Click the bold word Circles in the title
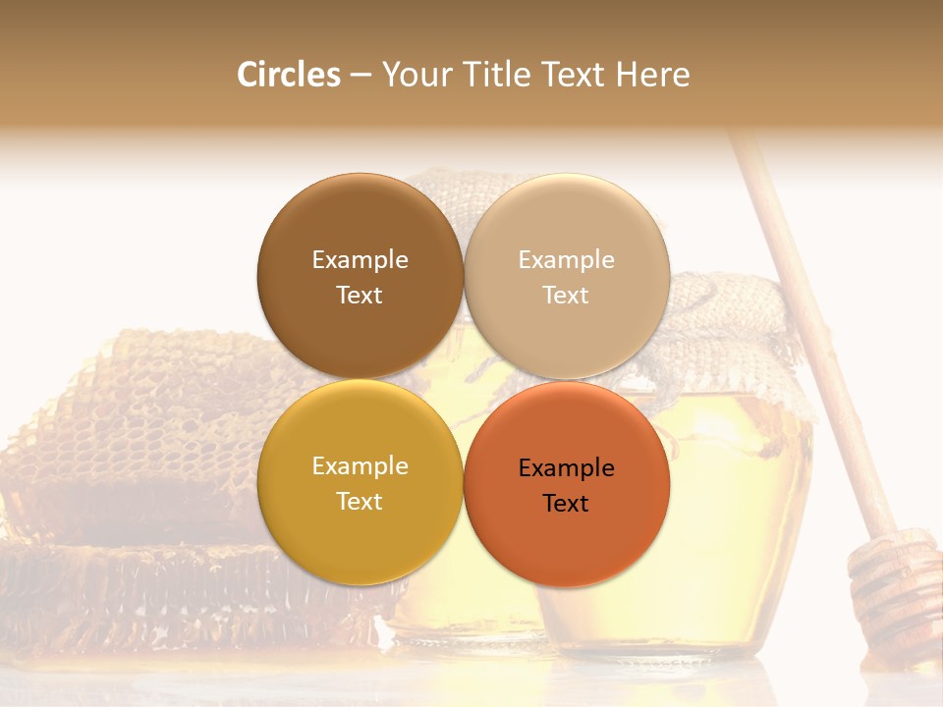coord(288,75)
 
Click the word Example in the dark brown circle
coord(360,260)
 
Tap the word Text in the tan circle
coord(566,296)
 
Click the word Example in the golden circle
coord(360,466)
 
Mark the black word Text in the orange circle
coord(566,504)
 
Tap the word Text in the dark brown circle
coord(360,296)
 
